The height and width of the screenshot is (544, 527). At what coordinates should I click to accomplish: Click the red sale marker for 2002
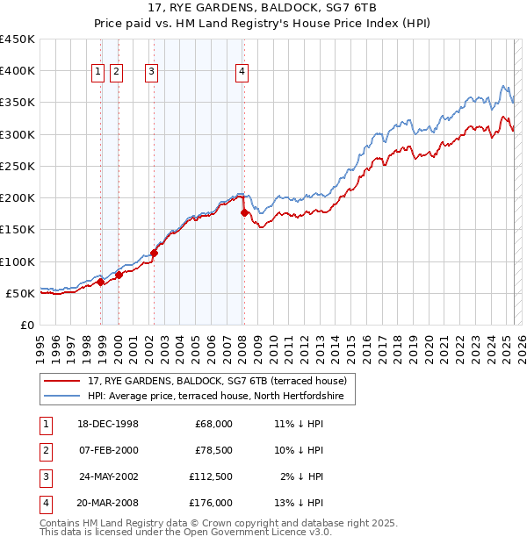(x=154, y=254)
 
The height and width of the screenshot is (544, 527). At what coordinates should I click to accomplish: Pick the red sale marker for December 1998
(x=101, y=282)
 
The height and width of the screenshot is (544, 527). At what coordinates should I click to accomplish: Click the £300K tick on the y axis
(x=18, y=134)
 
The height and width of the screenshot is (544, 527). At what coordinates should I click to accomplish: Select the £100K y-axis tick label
(x=18, y=261)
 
